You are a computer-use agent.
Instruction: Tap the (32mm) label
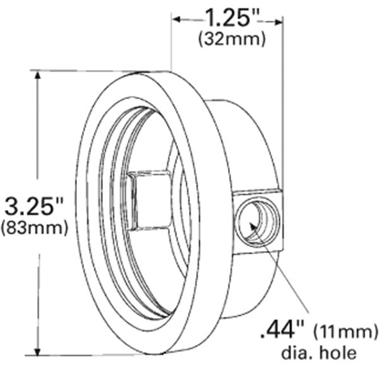(231, 38)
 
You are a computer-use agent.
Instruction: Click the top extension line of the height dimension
(101, 71)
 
